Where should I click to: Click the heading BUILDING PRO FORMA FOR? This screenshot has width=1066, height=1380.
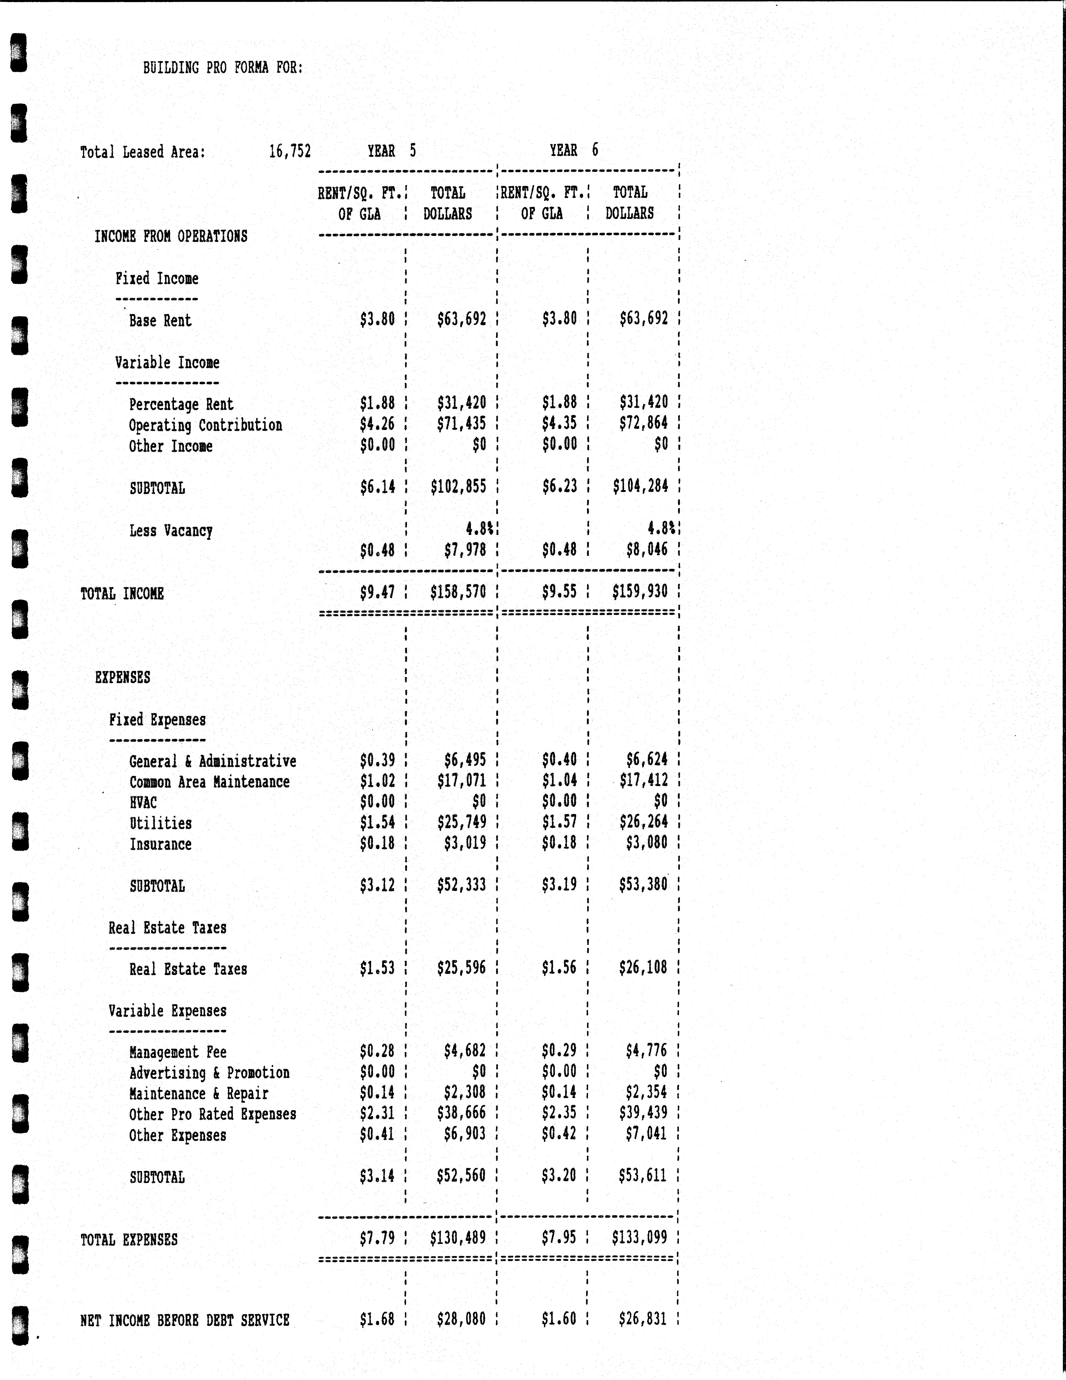click(x=222, y=68)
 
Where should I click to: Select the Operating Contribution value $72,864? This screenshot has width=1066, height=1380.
click(x=643, y=423)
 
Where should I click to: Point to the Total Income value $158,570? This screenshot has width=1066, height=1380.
click(x=458, y=592)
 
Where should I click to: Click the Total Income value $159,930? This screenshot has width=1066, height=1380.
click(x=640, y=591)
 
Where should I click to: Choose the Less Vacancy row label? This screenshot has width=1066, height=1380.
click(x=171, y=531)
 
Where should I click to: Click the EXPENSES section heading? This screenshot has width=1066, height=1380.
click(x=123, y=677)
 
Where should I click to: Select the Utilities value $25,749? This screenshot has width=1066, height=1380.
click(x=461, y=822)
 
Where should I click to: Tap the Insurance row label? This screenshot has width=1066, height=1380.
click(x=161, y=844)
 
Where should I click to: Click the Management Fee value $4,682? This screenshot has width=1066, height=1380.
click(x=464, y=1051)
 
